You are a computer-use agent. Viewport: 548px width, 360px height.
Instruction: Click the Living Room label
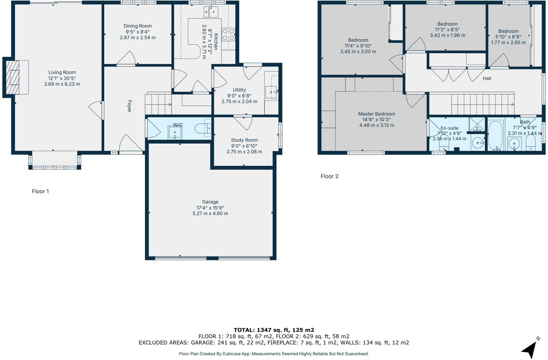(62, 72)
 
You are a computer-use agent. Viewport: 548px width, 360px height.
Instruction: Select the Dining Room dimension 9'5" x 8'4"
(138, 32)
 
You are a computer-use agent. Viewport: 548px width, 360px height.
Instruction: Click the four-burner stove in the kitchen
(228, 34)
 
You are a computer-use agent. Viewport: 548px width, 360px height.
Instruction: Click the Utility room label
(239, 90)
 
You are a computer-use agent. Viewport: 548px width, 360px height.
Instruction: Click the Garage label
(210, 202)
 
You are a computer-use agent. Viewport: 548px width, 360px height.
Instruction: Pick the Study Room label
(244, 140)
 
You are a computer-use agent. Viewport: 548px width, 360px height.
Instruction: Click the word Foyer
(130, 106)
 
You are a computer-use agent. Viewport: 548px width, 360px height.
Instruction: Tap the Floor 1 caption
(40, 191)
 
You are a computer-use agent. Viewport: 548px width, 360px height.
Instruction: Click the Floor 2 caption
(329, 176)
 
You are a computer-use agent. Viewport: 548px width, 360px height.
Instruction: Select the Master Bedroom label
(377, 114)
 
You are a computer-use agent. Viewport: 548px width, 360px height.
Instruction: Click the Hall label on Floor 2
(487, 79)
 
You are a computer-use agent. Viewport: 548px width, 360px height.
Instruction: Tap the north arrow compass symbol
(530, 349)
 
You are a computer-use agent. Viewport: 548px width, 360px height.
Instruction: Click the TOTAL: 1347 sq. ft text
(274, 330)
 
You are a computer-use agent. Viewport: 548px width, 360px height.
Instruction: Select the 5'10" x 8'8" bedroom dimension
(508, 37)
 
